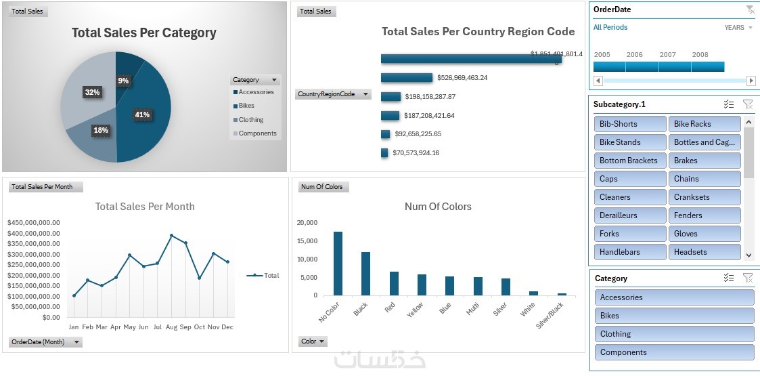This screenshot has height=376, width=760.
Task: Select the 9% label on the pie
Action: pos(123,81)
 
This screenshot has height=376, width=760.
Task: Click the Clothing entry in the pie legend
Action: pos(250,120)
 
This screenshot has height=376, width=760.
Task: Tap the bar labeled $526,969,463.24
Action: pos(406,78)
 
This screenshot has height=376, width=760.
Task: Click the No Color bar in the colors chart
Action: pos(338,264)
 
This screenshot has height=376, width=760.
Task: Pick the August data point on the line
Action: pos(172,236)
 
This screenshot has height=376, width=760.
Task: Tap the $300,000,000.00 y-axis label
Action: pos(33,254)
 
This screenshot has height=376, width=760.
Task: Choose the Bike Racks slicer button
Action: pos(704,124)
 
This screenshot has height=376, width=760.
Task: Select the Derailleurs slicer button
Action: pos(630,215)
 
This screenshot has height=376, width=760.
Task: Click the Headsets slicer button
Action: pos(704,252)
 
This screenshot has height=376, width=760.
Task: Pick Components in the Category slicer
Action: pos(674,352)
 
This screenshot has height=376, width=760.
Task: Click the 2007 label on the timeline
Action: pos(667,55)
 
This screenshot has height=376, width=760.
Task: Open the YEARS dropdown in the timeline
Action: pos(738,28)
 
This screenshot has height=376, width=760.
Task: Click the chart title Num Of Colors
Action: pos(438,207)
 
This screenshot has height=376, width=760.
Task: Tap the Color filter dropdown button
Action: pos(313,341)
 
